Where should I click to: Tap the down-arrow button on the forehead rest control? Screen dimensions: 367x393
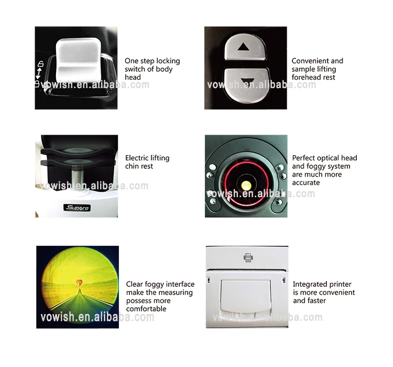click(245, 83)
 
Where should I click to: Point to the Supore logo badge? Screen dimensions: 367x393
click(77, 208)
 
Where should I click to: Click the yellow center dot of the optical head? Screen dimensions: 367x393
click(246, 183)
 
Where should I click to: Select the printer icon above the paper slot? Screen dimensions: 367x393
click(247, 257)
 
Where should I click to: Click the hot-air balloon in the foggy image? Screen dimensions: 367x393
click(79, 282)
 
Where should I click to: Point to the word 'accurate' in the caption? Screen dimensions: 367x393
click(306, 183)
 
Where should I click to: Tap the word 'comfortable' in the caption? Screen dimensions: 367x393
click(147, 309)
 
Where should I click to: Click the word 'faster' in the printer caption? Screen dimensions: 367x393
click(316, 301)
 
